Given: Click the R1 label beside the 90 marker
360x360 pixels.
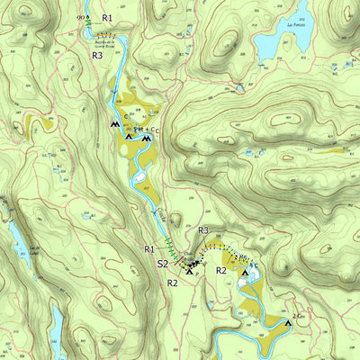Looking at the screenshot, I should click(107, 17).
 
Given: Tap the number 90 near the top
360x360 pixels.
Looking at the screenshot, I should click(81, 18).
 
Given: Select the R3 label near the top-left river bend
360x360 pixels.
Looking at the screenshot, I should click(97, 55).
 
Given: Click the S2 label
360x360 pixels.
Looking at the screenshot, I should click(164, 264).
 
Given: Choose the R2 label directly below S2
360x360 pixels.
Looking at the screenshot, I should click(173, 283).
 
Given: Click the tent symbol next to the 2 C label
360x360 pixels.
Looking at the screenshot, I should click(288, 320).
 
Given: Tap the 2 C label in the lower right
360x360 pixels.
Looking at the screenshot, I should click(299, 315).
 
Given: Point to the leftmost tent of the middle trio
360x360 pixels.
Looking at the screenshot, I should click(114, 124).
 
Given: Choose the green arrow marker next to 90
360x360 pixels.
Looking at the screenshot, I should click(88, 18).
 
